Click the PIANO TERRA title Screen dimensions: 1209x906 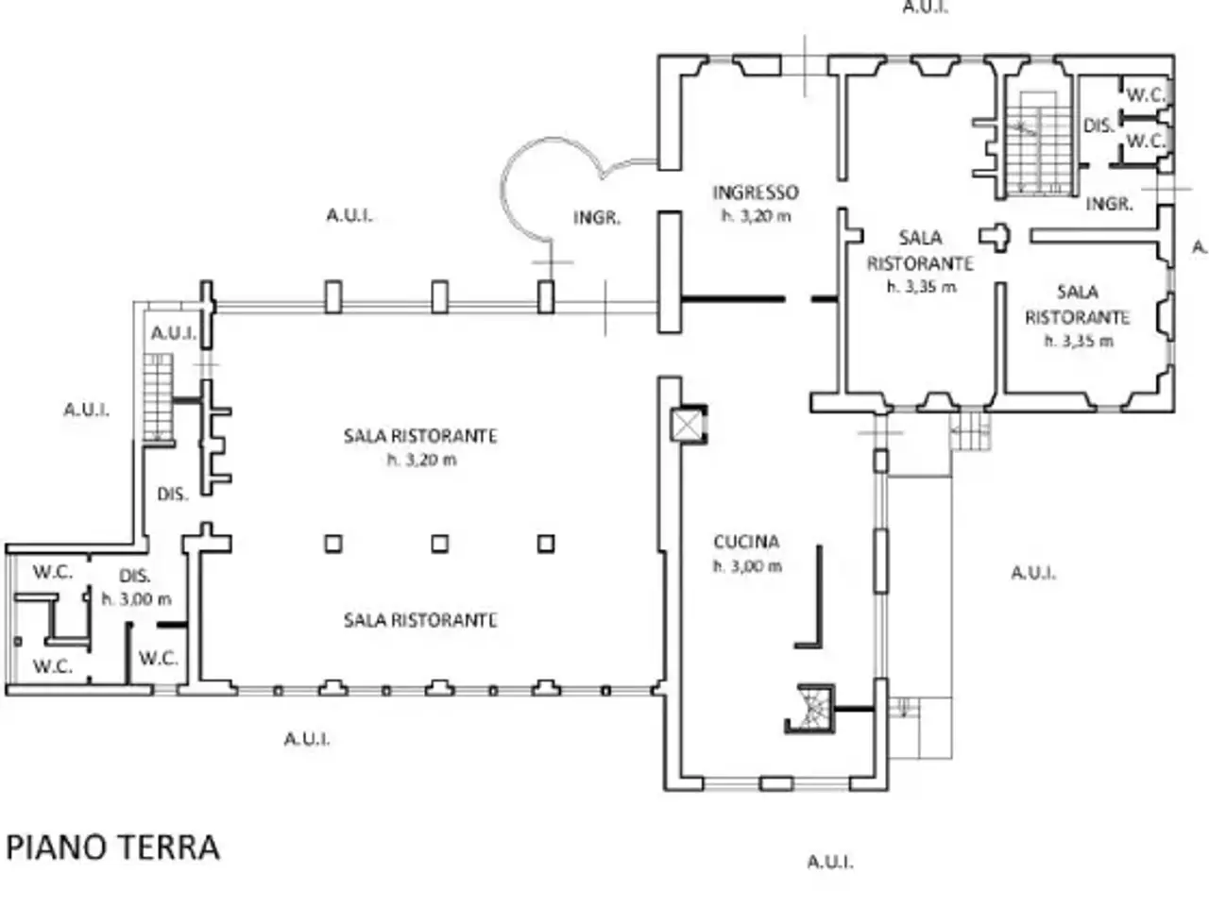[113, 847]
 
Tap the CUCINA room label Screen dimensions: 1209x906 [746, 543]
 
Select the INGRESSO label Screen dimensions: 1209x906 [756, 193]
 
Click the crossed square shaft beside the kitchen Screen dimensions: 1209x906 [687, 426]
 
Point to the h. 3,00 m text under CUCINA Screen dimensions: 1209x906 [747, 566]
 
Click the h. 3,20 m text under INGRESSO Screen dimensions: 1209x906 [757, 216]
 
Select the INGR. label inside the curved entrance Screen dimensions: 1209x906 [597, 218]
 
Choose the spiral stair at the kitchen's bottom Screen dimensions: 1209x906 [810, 709]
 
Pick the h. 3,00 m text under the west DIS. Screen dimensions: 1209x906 [137, 599]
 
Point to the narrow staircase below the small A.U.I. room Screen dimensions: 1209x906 [158, 397]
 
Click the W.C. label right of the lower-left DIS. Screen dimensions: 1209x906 [159, 659]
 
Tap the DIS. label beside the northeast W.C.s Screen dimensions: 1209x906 [1099, 126]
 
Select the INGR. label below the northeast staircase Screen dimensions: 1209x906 [1109, 205]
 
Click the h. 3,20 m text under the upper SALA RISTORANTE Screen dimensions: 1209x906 [422, 460]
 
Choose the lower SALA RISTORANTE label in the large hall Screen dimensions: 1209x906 [420, 620]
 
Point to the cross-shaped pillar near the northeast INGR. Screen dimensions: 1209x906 [996, 237]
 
